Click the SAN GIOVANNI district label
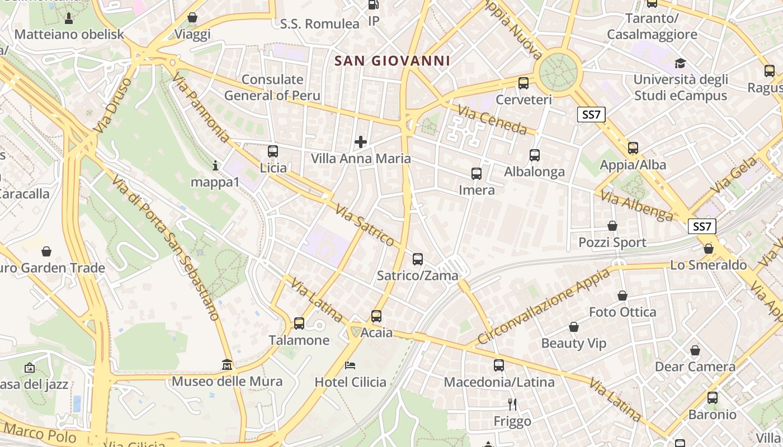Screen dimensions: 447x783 (392, 61)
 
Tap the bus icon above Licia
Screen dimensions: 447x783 (273, 151)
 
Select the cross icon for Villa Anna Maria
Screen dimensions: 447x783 (361, 142)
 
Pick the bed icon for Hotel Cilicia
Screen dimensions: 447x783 (350, 365)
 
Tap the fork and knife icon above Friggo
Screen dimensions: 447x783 (512, 404)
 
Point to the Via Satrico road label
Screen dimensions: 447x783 (365, 225)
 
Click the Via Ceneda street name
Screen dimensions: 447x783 (492, 120)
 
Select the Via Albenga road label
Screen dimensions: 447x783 (637, 205)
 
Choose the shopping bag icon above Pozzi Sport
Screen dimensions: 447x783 (612, 226)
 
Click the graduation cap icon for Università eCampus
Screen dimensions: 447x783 (680, 63)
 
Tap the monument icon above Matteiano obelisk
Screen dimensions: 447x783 (69, 18)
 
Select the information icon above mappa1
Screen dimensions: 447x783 (215, 165)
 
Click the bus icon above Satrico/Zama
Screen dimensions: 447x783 (418, 259)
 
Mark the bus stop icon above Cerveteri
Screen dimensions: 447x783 (523, 83)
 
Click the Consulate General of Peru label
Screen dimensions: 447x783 (272, 87)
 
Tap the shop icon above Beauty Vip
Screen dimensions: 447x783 (573, 327)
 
